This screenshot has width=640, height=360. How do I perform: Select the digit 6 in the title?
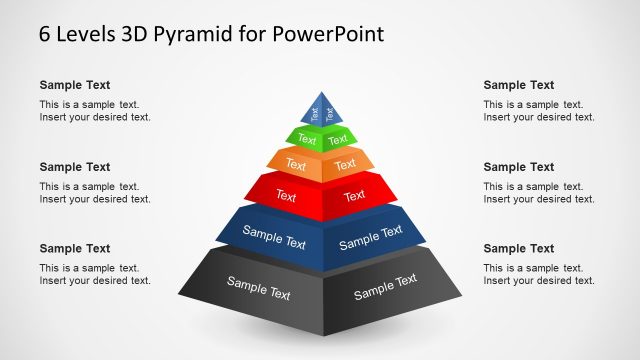[45, 33]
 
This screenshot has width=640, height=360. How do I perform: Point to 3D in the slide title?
[134, 33]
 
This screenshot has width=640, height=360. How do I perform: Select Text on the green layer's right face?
[338, 138]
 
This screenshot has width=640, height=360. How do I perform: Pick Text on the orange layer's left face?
[296, 164]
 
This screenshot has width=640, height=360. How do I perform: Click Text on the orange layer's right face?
[346, 163]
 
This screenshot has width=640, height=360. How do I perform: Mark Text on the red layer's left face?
[287, 195]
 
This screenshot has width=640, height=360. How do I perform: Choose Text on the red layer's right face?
[355, 196]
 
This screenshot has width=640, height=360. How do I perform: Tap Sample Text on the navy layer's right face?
[370, 238]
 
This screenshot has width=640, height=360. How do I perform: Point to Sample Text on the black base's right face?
[385, 287]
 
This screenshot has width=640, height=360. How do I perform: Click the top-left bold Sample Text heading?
[75, 85]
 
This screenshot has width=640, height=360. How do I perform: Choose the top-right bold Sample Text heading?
[519, 85]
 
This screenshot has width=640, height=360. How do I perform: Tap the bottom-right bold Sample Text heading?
[519, 248]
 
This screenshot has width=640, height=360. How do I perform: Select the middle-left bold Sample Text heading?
[75, 167]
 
